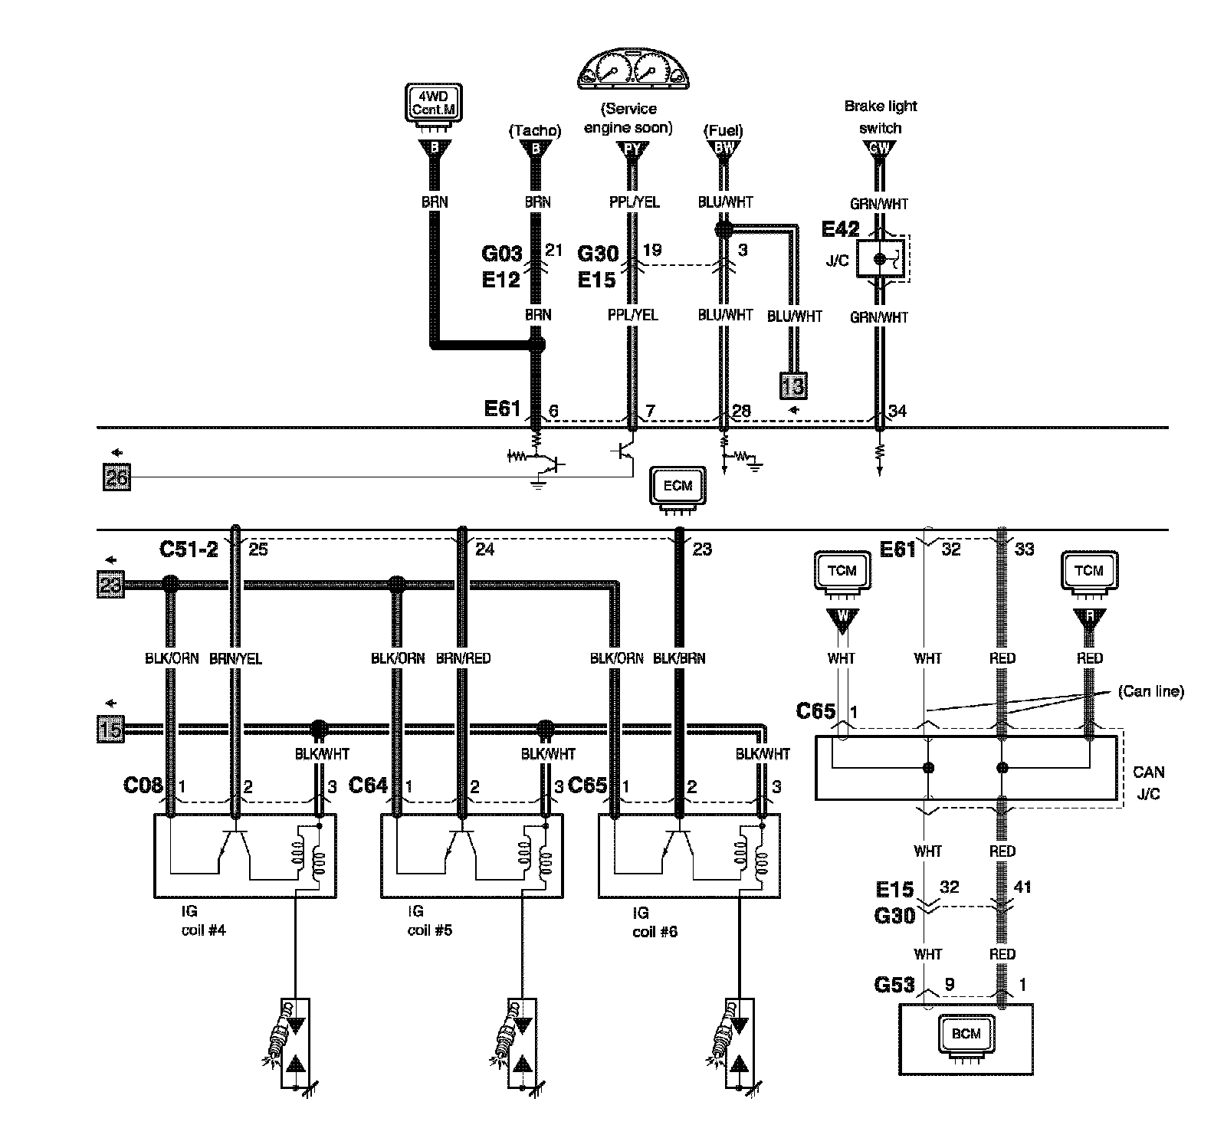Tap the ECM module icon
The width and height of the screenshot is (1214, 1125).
(x=678, y=487)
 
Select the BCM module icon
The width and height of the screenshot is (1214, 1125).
(x=966, y=1035)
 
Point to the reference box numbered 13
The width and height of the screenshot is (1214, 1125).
(x=793, y=386)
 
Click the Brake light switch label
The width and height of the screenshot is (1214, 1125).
(x=881, y=116)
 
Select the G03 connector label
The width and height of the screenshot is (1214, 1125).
(x=502, y=253)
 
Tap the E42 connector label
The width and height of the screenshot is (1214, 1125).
(x=841, y=228)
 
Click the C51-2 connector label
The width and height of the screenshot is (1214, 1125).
(x=189, y=549)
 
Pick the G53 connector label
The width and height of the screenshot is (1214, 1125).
(x=894, y=984)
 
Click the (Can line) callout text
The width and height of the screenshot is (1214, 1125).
(x=1151, y=691)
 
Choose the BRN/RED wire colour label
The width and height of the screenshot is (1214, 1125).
(x=463, y=658)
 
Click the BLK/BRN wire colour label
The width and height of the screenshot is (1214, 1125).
(x=679, y=658)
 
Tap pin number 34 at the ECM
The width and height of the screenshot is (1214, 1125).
(x=897, y=412)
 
